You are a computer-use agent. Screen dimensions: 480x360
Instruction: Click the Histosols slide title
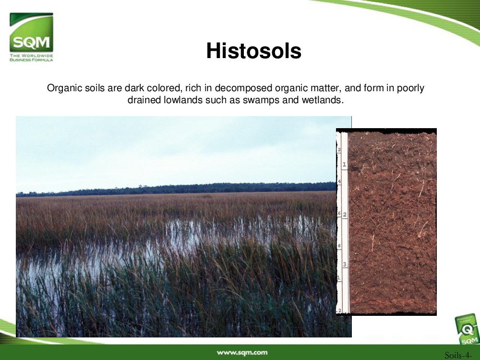[x=254, y=50]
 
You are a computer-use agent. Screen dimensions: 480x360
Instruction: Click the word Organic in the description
[x=65, y=88]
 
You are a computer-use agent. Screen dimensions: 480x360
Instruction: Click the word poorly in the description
[x=410, y=88]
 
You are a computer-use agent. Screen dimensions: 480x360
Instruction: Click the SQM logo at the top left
[x=31, y=33]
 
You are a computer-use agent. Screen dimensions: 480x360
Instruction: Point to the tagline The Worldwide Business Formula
[x=31, y=58]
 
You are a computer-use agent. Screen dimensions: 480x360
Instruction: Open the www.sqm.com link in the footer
[x=242, y=352]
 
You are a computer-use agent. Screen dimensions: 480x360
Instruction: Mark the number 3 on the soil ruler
[x=345, y=264]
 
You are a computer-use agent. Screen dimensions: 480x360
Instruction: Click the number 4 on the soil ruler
[x=339, y=181]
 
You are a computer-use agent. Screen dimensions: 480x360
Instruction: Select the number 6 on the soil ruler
[x=339, y=213]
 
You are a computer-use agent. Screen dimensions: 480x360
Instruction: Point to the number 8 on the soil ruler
[x=339, y=246]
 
